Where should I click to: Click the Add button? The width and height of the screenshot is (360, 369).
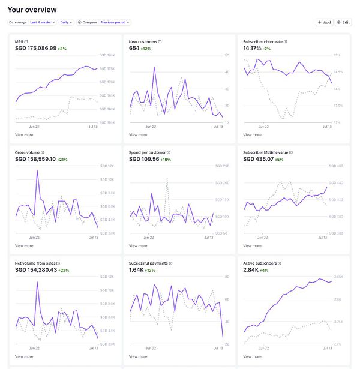[x=324, y=22]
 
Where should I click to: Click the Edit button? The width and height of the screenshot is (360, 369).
[x=343, y=22]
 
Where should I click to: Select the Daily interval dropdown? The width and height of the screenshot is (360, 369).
[x=65, y=22]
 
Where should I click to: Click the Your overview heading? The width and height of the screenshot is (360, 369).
[x=32, y=10]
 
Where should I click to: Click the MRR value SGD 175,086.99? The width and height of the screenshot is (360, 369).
[x=35, y=48]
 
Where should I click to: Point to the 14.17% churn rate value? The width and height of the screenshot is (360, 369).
[x=253, y=48]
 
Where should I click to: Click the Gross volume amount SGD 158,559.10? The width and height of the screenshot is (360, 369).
[x=35, y=159]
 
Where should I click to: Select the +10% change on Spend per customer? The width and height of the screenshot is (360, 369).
[x=166, y=159]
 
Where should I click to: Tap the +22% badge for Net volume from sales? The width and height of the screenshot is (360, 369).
[x=63, y=270]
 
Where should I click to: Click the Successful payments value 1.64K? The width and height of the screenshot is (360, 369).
[x=137, y=270]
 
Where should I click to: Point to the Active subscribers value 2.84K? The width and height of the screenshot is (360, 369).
[x=251, y=270]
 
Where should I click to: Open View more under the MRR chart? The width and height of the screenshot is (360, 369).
[x=24, y=135]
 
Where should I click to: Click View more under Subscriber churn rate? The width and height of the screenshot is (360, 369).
[x=252, y=135]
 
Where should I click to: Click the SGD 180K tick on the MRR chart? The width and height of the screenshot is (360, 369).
[x=107, y=55]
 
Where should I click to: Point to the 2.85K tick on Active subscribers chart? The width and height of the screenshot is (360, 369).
[x=338, y=277]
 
